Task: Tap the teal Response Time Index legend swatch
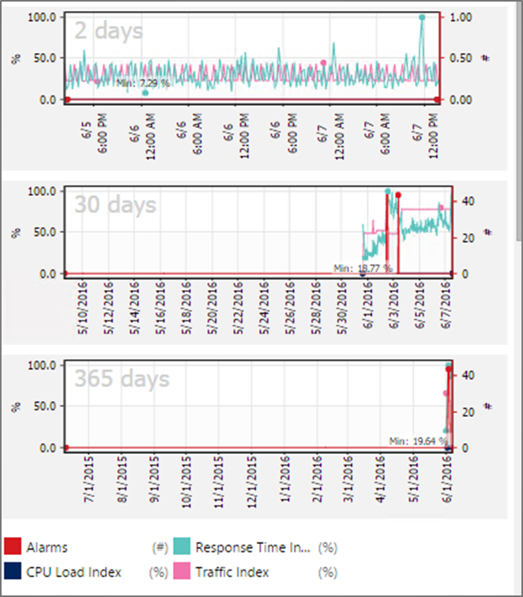click(183, 546)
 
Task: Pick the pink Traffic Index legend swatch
click(183, 572)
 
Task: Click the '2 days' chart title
click(108, 32)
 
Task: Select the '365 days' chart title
click(122, 379)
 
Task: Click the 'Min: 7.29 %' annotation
click(143, 82)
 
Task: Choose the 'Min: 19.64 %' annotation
click(416, 441)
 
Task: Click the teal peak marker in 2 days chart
click(422, 17)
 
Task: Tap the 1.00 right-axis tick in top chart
click(461, 17)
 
